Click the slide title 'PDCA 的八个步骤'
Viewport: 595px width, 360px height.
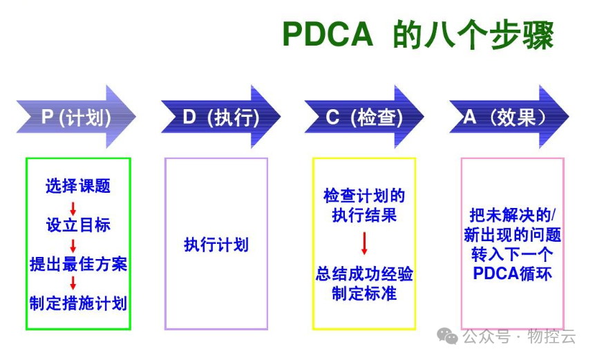coord(417,35)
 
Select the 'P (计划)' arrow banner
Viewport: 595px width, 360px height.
coord(76,117)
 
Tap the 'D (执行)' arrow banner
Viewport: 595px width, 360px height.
coord(220,117)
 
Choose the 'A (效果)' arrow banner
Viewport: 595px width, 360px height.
coord(509,117)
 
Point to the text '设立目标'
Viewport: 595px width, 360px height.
coord(78,225)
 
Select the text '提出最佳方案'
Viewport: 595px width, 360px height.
coord(78,264)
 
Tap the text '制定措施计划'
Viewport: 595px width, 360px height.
coord(78,303)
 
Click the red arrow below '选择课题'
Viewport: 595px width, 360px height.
coord(73,207)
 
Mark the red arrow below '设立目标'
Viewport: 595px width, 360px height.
coord(73,245)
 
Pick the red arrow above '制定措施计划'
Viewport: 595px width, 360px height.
coord(73,283)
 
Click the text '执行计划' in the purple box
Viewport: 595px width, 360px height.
coord(216,245)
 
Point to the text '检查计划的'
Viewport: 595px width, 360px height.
coord(364,196)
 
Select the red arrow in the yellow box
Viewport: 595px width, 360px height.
coord(364,243)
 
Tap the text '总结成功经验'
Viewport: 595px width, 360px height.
coord(364,274)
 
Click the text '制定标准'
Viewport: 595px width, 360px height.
coord(364,293)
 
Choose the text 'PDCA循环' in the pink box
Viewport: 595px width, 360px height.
coord(513,273)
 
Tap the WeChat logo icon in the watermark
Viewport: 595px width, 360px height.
coord(451,337)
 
